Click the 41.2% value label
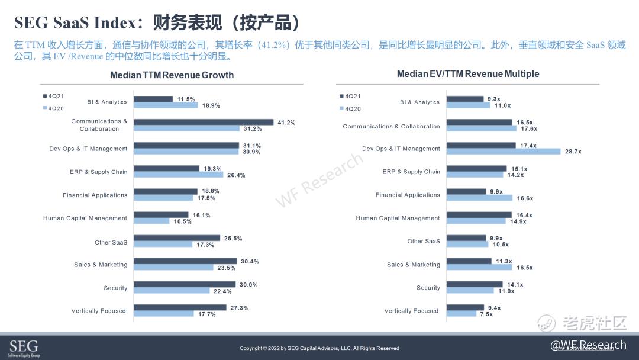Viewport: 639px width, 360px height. coord(286,123)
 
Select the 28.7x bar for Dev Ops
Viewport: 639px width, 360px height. coord(503,152)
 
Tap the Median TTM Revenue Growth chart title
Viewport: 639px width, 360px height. coord(172,75)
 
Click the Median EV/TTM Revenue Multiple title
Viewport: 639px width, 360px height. coord(467,74)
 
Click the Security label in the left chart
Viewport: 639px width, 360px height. coord(115,288)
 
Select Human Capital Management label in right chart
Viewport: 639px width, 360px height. coord(398,218)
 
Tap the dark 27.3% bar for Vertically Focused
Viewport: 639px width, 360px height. coord(180,307)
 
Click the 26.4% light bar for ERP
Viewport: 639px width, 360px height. coord(178,175)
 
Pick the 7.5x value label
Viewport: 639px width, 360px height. coord(486,314)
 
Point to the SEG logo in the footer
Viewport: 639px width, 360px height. coord(24,347)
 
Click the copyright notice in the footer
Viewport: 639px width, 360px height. coord(319,348)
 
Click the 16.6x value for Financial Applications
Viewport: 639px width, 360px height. coord(525,198)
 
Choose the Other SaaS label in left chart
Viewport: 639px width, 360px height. coord(111,242)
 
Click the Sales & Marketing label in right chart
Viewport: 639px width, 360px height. coord(414,265)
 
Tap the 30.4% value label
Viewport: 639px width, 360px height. coord(250,261)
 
